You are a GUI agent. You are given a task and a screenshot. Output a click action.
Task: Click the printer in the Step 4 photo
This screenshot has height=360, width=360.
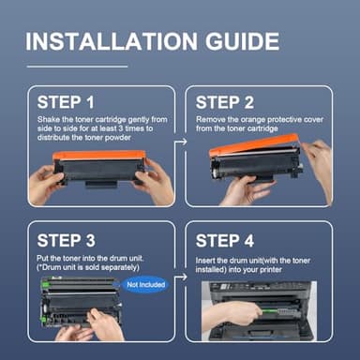click(x=272, y=305)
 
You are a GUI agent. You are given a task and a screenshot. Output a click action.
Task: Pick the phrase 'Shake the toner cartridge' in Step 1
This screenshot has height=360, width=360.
click(x=80, y=120)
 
